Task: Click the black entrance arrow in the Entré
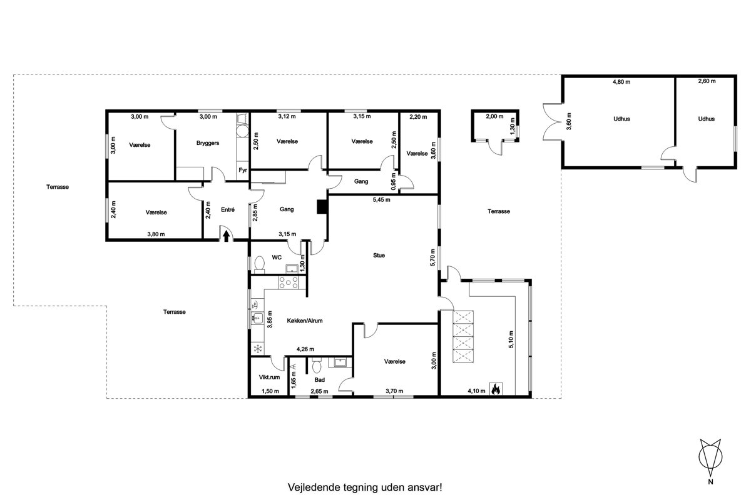click(227, 236)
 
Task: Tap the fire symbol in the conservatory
click(496, 389)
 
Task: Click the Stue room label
click(379, 255)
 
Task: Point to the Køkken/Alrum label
click(305, 321)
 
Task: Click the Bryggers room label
click(208, 143)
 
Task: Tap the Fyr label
click(243, 170)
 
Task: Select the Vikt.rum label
click(269, 377)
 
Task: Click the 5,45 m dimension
click(382, 199)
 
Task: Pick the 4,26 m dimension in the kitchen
click(305, 349)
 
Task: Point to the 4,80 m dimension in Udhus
click(621, 82)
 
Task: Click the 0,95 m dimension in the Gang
click(394, 181)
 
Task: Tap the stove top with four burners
click(289, 282)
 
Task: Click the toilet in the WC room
click(259, 263)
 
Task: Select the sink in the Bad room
click(340, 362)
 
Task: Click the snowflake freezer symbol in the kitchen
click(257, 349)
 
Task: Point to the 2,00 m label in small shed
click(494, 116)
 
